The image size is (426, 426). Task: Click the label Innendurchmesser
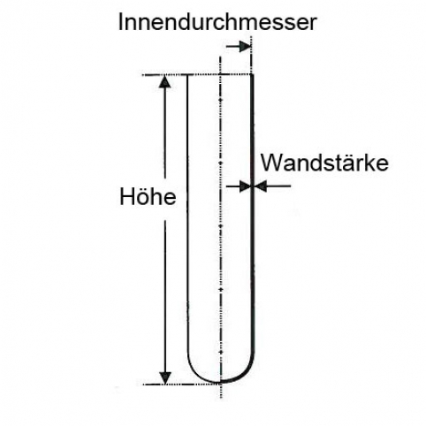[217, 22]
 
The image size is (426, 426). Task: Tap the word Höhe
[148, 197]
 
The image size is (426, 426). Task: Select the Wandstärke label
[324, 163]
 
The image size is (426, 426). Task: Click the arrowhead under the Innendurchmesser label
[245, 46]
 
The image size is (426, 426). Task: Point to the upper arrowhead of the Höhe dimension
[165, 81]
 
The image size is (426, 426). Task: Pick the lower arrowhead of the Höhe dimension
[165, 378]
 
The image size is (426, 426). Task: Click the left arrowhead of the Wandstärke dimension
[245, 186]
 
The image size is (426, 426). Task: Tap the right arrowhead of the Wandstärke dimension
[260, 186]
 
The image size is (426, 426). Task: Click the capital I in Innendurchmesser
[120, 22]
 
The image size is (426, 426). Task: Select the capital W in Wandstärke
[271, 163]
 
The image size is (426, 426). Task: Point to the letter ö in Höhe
[140, 197]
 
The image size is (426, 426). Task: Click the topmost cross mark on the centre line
[221, 100]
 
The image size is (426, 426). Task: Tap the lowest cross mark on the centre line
[221, 352]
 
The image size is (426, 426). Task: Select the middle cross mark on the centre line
[221, 226]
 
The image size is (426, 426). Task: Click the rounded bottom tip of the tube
[221, 382]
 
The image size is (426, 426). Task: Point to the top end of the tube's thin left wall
[186, 75]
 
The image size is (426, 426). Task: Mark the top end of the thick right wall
[252, 75]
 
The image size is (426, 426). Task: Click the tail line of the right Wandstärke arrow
[278, 186]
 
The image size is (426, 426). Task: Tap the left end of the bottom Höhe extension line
[143, 384]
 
